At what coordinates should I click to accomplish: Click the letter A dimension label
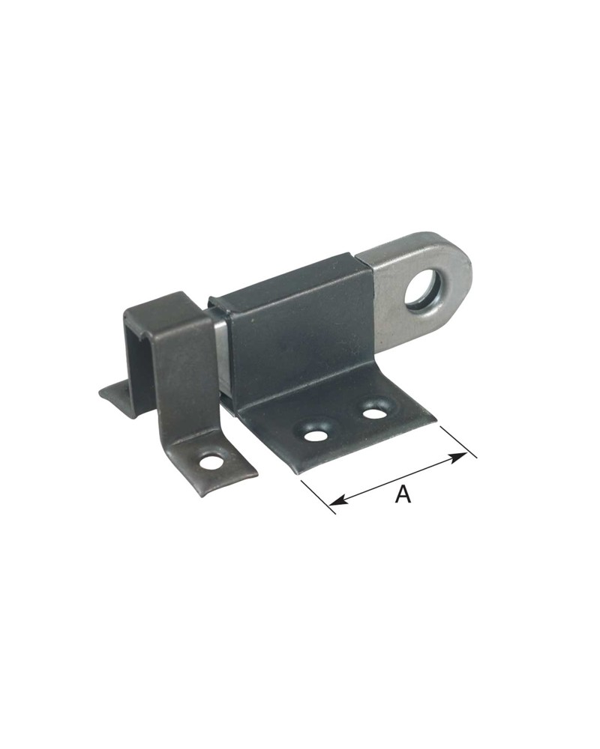click(403, 494)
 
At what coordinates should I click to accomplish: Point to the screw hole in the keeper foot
click(211, 462)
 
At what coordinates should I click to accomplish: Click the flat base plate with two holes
click(345, 431)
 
